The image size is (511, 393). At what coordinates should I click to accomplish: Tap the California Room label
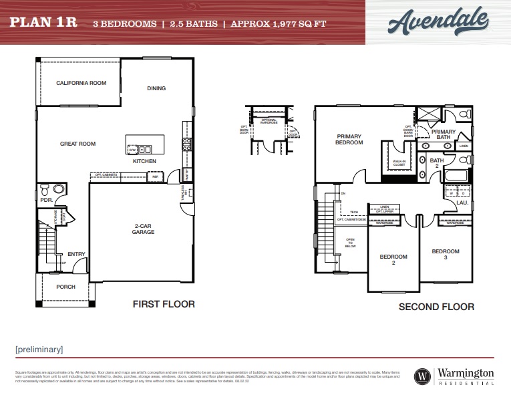coord(81,83)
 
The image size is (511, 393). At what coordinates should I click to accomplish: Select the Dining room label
coord(156,88)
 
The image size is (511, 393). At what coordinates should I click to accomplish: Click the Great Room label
coord(77,144)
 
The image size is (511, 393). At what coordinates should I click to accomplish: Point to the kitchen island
coord(145,143)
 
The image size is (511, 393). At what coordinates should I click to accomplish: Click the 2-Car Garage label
coord(143,229)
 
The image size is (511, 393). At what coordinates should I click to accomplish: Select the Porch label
coord(65,287)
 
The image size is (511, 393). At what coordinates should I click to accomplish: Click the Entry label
coord(76,254)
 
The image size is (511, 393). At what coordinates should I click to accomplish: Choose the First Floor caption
coord(164,304)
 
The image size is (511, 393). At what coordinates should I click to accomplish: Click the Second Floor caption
coord(436,307)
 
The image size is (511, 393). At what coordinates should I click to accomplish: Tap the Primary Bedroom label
coord(349,139)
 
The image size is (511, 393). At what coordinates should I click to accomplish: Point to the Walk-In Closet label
coord(399,162)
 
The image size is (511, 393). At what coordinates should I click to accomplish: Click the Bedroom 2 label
coord(393,259)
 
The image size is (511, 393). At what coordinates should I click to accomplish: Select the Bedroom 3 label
coord(445,254)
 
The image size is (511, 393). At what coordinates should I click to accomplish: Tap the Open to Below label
coord(350,243)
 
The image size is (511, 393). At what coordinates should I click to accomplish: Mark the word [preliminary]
coord(39,349)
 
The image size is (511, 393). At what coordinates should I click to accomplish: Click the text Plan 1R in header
coord(43,22)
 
